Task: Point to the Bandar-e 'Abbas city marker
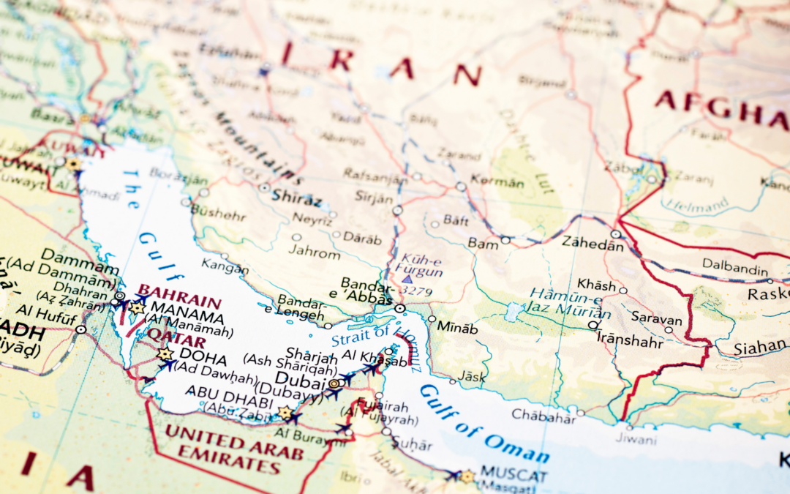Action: tap(399, 309)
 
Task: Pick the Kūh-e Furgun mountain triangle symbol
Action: tap(407, 279)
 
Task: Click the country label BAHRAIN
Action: tap(179, 301)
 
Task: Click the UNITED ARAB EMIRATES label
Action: tap(233, 442)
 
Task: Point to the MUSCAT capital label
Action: tap(513, 476)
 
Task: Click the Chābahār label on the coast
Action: tap(543, 415)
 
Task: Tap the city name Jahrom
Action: tap(315, 254)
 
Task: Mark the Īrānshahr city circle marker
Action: tap(593, 325)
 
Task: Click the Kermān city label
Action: tap(498, 179)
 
